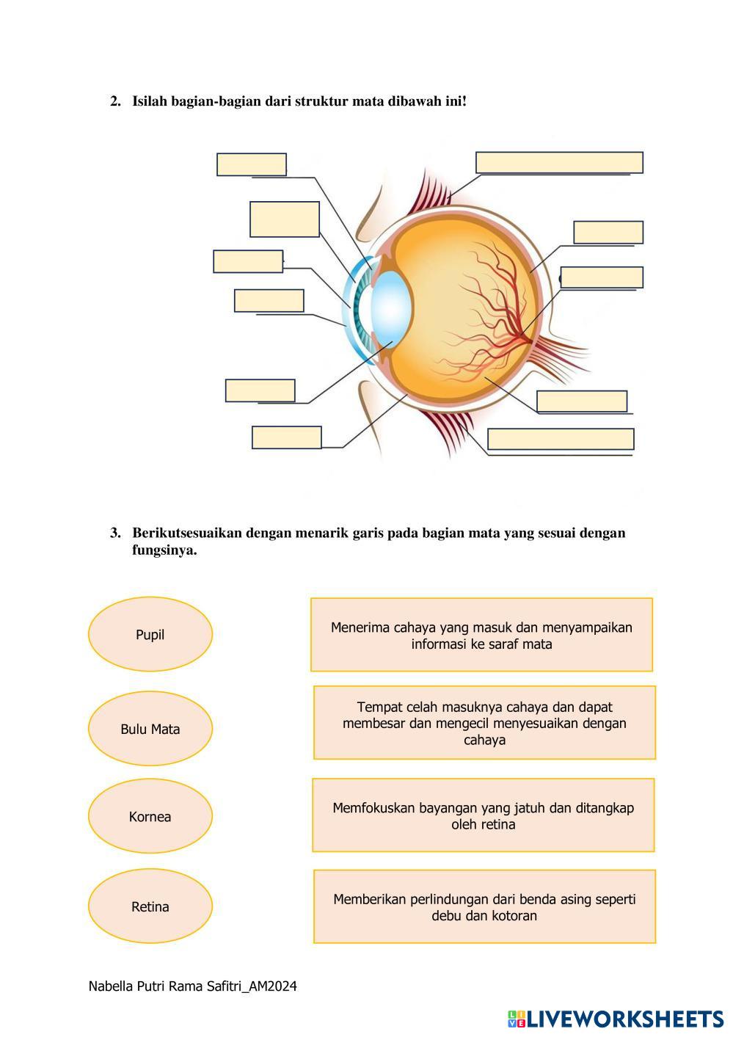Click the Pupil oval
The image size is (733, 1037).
pyautogui.click(x=150, y=634)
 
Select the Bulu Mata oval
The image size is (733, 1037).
pyautogui.click(x=150, y=729)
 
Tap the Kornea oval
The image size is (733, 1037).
pyautogui.click(x=150, y=816)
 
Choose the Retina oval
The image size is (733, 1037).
pyautogui.click(x=150, y=906)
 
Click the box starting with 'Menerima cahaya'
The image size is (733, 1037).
pyautogui.click(x=481, y=635)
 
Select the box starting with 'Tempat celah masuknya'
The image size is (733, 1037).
pyautogui.click(x=484, y=723)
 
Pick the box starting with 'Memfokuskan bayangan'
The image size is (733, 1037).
pyautogui.click(x=483, y=815)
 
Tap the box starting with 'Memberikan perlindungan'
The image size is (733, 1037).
pyautogui.click(x=484, y=906)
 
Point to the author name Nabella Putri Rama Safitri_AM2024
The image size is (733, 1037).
pyautogui.click(x=192, y=986)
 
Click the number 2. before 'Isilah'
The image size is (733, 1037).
pyautogui.click(x=115, y=101)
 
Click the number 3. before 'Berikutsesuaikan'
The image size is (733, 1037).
pyautogui.click(x=115, y=533)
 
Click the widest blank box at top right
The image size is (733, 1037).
pyautogui.click(x=559, y=162)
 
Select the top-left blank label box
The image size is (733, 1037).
pyautogui.click(x=252, y=164)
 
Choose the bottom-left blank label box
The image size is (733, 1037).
pyautogui.click(x=287, y=437)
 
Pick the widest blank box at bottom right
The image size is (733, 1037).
pyautogui.click(x=561, y=439)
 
